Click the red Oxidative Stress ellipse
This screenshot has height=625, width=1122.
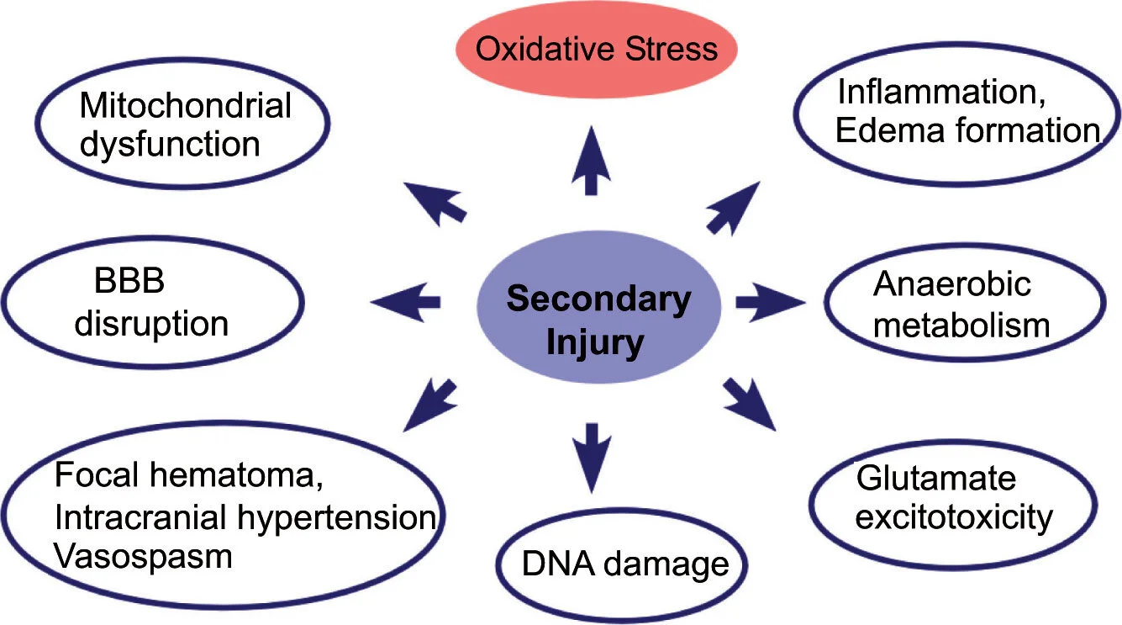(x=597, y=48)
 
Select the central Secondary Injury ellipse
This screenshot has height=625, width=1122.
(x=598, y=322)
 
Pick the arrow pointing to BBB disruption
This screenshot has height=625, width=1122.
(x=405, y=301)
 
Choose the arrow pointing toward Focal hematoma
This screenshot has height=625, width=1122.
(x=432, y=402)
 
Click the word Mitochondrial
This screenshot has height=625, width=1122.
(x=185, y=106)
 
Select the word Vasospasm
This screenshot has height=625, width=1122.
(x=143, y=556)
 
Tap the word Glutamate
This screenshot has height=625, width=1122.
(x=935, y=479)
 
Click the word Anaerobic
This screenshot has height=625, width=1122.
(x=951, y=284)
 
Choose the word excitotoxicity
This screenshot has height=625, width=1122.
(x=953, y=517)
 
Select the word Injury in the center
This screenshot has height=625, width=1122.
(x=596, y=343)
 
